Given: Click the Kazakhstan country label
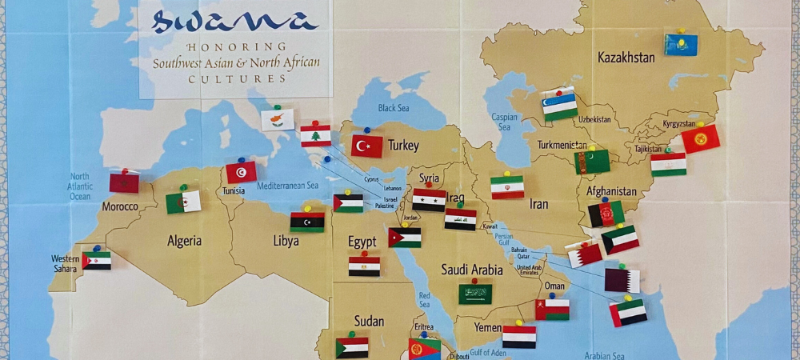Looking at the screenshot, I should pyautogui.click(x=626, y=58).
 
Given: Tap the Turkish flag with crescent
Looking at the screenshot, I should pyautogui.click(x=366, y=146).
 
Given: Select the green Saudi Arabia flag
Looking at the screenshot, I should pyautogui.click(x=475, y=294).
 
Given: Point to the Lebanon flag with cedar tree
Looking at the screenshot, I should pyautogui.click(x=315, y=136).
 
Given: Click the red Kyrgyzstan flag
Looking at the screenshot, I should pyautogui.click(x=700, y=139).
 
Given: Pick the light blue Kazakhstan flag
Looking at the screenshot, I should pyautogui.click(x=681, y=45).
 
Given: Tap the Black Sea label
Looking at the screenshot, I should pyautogui.click(x=393, y=108).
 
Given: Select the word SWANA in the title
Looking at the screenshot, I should pyautogui.click(x=234, y=22).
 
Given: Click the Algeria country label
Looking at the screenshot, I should pyautogui.click(x=184, y=241).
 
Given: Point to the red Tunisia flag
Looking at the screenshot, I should pyautogui.click(x=241, y=172).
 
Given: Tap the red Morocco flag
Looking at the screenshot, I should pyautogui.click(x=124, y=182).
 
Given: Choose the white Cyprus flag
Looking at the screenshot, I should pyautogui.click(x=278, y=120).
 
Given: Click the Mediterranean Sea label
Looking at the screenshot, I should pyautogui.click(x=288, y=186).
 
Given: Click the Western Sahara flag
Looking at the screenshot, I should pyautogui.click(x=97, y=261).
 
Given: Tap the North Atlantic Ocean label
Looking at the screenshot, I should pyautogui.click(x=81, y=186).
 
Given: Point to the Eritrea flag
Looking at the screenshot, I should pyautogui.click(x=424, y=348).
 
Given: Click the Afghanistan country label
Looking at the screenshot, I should pyautogui.click(x=611, y=191).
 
